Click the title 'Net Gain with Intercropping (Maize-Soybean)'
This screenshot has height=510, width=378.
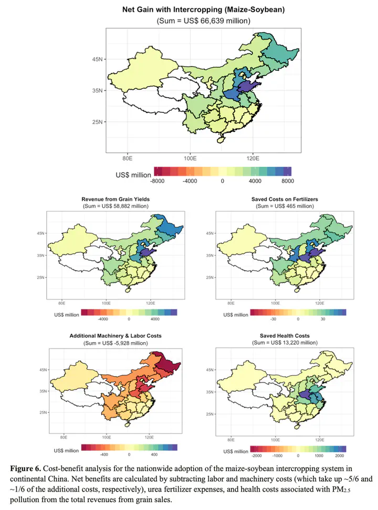(203, 9)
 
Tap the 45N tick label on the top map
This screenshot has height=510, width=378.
(97, 59)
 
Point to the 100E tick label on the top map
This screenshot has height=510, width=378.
(190, 158)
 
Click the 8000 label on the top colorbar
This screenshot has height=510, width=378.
(288, 181)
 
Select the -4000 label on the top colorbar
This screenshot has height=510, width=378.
(190, 181)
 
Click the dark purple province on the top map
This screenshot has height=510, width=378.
(248, 87)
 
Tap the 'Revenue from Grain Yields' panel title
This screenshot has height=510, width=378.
(115, 199)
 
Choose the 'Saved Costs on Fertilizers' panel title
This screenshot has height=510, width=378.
(285, 199)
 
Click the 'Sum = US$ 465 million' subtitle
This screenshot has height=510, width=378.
(285, 206)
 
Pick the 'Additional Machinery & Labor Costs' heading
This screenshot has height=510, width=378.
(115, 336)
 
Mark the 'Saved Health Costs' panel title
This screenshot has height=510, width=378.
(285, 336)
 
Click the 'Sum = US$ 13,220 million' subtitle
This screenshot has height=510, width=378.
(285, 343)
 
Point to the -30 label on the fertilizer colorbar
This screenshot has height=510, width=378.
(273, 319)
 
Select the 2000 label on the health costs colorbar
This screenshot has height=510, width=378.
(339, 455)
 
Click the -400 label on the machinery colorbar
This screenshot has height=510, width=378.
(104, 454)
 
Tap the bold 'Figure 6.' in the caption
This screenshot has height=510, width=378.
(25, 469)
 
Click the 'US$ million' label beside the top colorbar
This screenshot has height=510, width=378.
(133, 175)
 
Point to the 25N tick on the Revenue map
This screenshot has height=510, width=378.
(41, 278)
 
